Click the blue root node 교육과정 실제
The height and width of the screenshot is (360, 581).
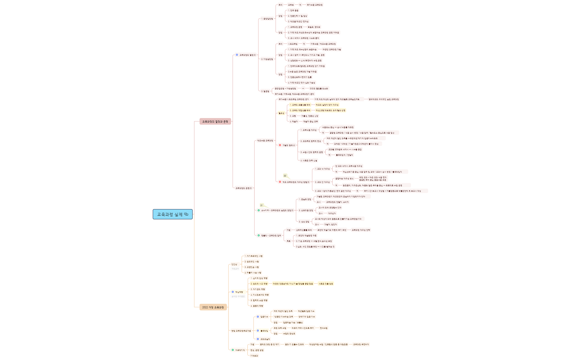pyautogui.click(x=170, y=214)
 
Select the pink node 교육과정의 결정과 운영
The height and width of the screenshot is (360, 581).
pyautogui.click(x=215, y=122)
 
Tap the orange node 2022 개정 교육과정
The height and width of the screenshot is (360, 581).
pyautogui.click(x=213, y=307)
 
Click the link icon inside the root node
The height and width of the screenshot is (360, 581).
pyautogui.click(x=186, y=214)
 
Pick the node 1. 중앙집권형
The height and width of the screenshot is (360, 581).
pyautogui.click(x=267, y=19)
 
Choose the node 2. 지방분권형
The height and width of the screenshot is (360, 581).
pyautogui.click(x=267, y=59)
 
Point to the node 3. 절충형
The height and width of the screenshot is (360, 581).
pyautogui.click(x=265, y=91)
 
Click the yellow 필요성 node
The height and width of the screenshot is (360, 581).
pyautogui.click(x=281, y=113)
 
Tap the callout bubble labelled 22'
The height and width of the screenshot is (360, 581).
pyautogui.click(x=285, y=176)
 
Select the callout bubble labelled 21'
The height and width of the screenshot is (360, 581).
pyautogui.click(x=262, y=205)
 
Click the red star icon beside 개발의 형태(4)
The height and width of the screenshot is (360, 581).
pyautogui.click(x=280, y=145)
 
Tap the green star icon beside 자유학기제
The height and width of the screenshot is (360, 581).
pyautogui.click(x=233, y=350)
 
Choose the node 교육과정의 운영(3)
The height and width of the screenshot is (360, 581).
pyautogui.click(x=244, y=188)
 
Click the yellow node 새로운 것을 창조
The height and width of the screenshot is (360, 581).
pyautogui.click(x=326, y=284)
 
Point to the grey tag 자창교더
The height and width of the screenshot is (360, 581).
pyautogui.click(x=235, y=269)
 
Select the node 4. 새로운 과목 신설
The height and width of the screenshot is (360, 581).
pyautogui.click(x=309, y=161)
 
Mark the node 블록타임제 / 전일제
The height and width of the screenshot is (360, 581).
pyautogui.click(x=344, y=155)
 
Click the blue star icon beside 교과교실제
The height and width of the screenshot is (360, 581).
pyautogui.click(x=258, y=339)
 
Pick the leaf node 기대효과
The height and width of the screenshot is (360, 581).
pyautogui.click(x=254, y=356)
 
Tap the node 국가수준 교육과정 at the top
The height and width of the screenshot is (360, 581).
pyautogui.click(x=314, y=5)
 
